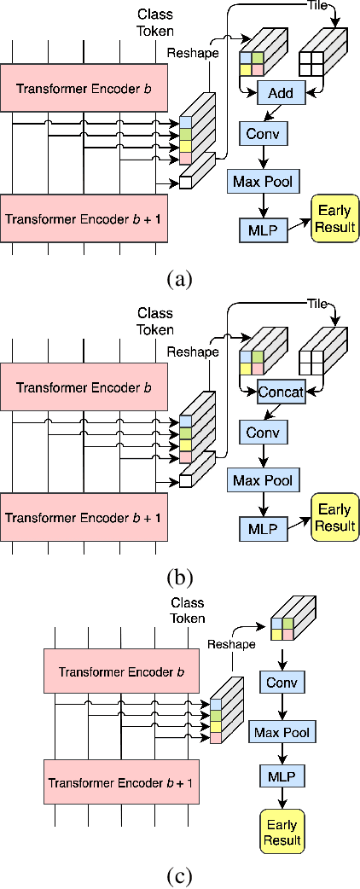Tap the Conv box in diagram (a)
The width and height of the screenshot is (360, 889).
(x=264, y=135)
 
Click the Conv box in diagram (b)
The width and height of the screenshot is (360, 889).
(x=263, y=433)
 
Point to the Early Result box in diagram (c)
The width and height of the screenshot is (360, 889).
(x=282, y=834)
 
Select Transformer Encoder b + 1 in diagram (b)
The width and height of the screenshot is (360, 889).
(x=84, y=518)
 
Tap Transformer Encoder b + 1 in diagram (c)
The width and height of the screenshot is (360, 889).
(x=122, y=782)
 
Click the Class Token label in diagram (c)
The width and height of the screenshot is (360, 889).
(x=188, y=610)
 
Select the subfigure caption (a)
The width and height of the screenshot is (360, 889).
(x=180, y=278)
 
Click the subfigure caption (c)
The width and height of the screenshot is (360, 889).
(x=180, y=875)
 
